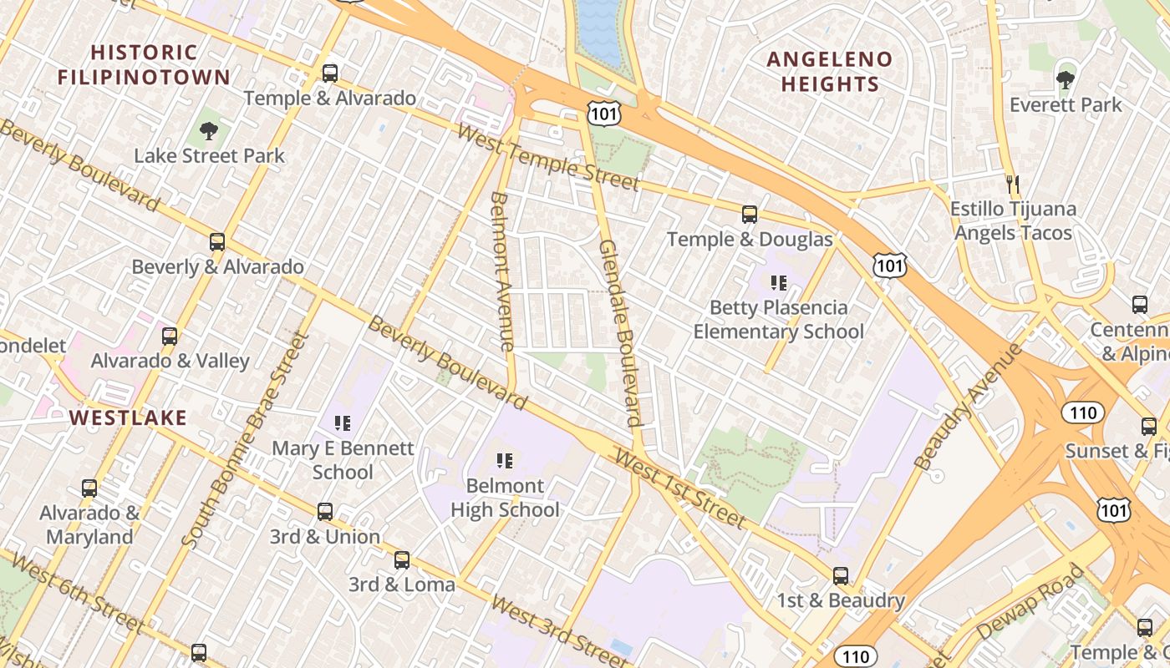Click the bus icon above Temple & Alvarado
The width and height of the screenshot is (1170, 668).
coord(330,73)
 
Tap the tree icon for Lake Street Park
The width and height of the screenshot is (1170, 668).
coord(209,131)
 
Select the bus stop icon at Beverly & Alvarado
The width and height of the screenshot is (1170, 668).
coord(217,242)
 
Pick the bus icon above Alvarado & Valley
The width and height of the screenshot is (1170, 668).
coord(170,337)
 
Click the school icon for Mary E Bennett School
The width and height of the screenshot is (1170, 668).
coord(342,423)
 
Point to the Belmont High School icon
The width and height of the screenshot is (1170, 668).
coord(504,460)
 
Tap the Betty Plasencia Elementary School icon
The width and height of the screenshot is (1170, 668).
coord(779,283)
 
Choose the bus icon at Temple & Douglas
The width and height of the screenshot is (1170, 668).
coord(750,215)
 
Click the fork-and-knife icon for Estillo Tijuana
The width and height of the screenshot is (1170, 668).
coord(1013,184)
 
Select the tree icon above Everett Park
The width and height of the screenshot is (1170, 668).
coord(1065,80)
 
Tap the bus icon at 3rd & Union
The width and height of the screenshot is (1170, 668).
coord(325,512)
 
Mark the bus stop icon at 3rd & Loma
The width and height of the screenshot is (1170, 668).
coord(402,559)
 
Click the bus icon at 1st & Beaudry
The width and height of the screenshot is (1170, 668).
coord(841,575)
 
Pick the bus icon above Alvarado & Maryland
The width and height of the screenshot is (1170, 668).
coord(89,488)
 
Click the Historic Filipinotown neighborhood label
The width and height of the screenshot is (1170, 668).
coord(144,65)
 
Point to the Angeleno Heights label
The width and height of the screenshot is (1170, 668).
coord(830,72)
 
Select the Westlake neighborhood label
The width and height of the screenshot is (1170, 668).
coord(128,417)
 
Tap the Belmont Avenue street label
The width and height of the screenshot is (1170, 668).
coord(501,271)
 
